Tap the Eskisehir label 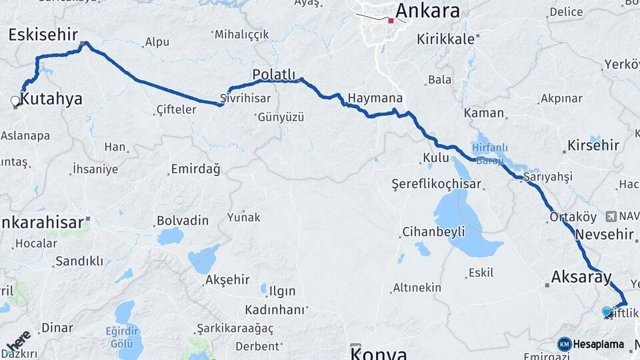click(43, 35)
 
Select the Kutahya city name click(51, 99)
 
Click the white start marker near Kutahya click(15, 101)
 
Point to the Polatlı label click(273, 73)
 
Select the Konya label click(378, 353)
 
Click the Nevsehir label click(603, 235)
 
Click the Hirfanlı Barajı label click(490, 154)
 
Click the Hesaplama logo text click(599, 345)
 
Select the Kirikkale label click(445, 39)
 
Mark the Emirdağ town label click(195, 169)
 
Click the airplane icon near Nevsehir click(611, 217)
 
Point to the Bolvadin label click(183, 221)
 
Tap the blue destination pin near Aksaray click(607, 311)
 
